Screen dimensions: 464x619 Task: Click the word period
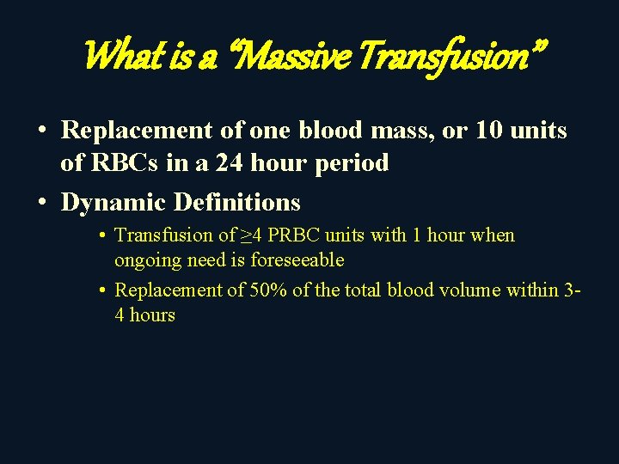click(x=352, y=162)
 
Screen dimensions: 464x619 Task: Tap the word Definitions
click(x=237, y=203)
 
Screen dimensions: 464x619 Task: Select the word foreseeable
click(x=297, y=259)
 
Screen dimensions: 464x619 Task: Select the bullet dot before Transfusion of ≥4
click(x=101, y=235)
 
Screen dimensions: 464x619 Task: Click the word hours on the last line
click(x=152, y=314)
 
